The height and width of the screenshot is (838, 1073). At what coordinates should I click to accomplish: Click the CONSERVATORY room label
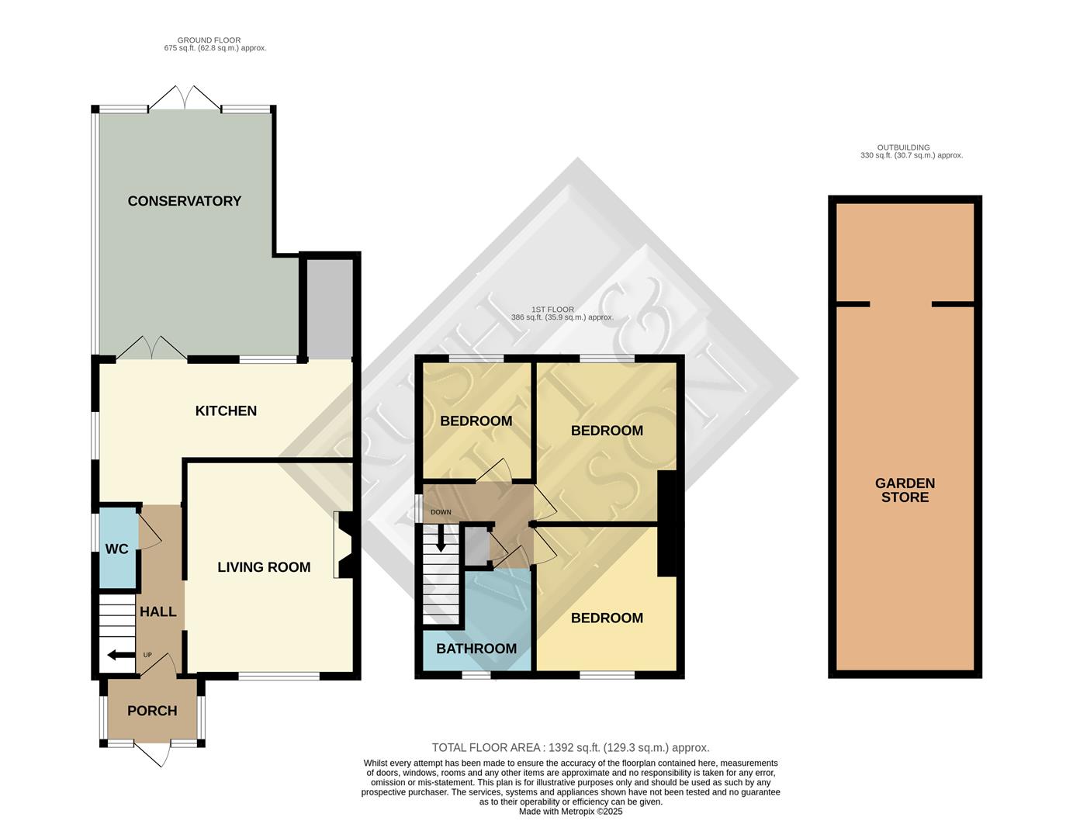[184, 201]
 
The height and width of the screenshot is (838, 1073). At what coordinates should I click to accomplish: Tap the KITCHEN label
[226, 410]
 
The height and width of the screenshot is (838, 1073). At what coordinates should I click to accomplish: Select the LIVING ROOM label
[264, 567]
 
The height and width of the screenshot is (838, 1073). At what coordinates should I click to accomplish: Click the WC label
[116, 549]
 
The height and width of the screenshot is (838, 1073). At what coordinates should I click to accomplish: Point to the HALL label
[157, 611]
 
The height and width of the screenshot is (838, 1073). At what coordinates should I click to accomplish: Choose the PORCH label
[152, 711]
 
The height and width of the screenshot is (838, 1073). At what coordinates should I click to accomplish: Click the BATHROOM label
[476, 649]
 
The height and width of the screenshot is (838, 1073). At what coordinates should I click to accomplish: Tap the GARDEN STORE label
[905, 490]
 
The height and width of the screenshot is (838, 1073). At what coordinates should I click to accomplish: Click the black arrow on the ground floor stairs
[119, 655]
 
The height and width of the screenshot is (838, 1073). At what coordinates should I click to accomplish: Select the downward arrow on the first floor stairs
[441, 538]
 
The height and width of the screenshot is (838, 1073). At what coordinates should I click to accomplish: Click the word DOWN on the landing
[441, 512]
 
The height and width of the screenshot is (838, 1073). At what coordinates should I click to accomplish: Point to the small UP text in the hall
[147, 655]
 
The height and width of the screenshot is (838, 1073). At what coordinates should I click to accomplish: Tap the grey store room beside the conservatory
[330, 308]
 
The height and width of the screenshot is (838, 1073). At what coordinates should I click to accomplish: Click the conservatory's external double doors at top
[185, 99]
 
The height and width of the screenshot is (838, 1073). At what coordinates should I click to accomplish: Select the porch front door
[152, 752]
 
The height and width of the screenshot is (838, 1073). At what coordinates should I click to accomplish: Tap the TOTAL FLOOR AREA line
[570, 748]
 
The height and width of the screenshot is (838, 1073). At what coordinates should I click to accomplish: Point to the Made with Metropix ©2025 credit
[570, 812]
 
